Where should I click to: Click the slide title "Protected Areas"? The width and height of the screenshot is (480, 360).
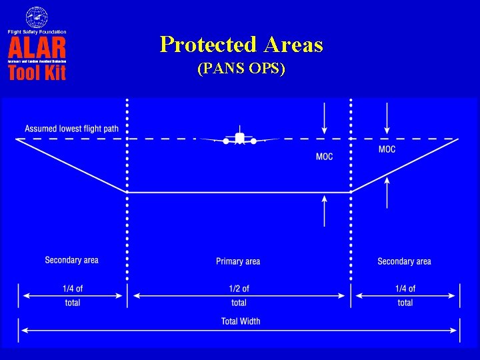(241, 45)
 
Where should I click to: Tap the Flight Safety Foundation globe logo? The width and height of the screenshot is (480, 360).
(37, 17)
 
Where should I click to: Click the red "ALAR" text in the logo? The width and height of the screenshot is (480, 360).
(37, 47)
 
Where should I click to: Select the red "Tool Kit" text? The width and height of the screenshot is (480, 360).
(37, 72)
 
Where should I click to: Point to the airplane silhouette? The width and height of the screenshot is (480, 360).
(239, 138)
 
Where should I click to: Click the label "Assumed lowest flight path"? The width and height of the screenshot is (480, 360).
(71, 129)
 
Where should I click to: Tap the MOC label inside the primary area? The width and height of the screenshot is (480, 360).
(324, 157)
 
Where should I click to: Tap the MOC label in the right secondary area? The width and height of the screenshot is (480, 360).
(387, 149)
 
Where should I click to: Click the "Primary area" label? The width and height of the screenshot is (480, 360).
(238, 261)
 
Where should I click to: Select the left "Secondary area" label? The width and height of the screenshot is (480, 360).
(71, 260)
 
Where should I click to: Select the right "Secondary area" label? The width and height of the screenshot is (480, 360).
(404, 261)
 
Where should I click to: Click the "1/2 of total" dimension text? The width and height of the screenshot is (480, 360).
(239, 295)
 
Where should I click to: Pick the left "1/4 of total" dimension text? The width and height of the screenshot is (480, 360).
(73, 295)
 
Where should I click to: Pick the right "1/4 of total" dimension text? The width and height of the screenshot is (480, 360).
(405, 295)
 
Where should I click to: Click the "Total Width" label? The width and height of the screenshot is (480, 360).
(241, 321)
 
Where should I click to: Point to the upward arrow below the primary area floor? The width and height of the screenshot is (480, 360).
(324, 209)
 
